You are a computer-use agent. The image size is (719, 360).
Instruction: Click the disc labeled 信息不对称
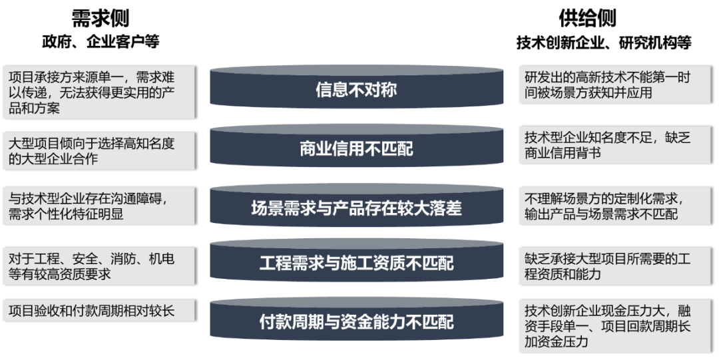pos(356,89)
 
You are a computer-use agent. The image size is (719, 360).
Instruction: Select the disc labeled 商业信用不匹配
pos(356,148)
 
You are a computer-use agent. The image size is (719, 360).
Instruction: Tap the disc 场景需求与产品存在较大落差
pos(356,208)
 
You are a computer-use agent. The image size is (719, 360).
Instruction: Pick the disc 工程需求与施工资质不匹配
pos(356,264)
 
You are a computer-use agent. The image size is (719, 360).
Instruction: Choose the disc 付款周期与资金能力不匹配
pos(356,322)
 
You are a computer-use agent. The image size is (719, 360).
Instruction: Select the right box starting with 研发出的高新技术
pos(615,86)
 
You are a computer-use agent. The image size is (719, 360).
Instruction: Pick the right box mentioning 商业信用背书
pos(615,144)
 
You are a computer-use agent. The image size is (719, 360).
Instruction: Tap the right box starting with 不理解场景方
pos(615,206)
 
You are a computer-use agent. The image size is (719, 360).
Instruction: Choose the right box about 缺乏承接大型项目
pos(615,266)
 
